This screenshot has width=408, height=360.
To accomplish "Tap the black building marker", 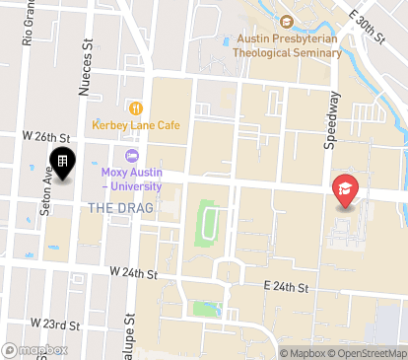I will [x=62, y=163].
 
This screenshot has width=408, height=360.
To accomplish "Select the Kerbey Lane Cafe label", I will [x=137, y=125].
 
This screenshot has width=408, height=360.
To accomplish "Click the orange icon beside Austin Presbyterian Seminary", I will [x=287, y=22].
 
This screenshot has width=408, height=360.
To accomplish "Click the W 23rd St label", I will [x=54, y=324].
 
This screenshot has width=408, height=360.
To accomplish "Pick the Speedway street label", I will [x=332, y=119].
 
